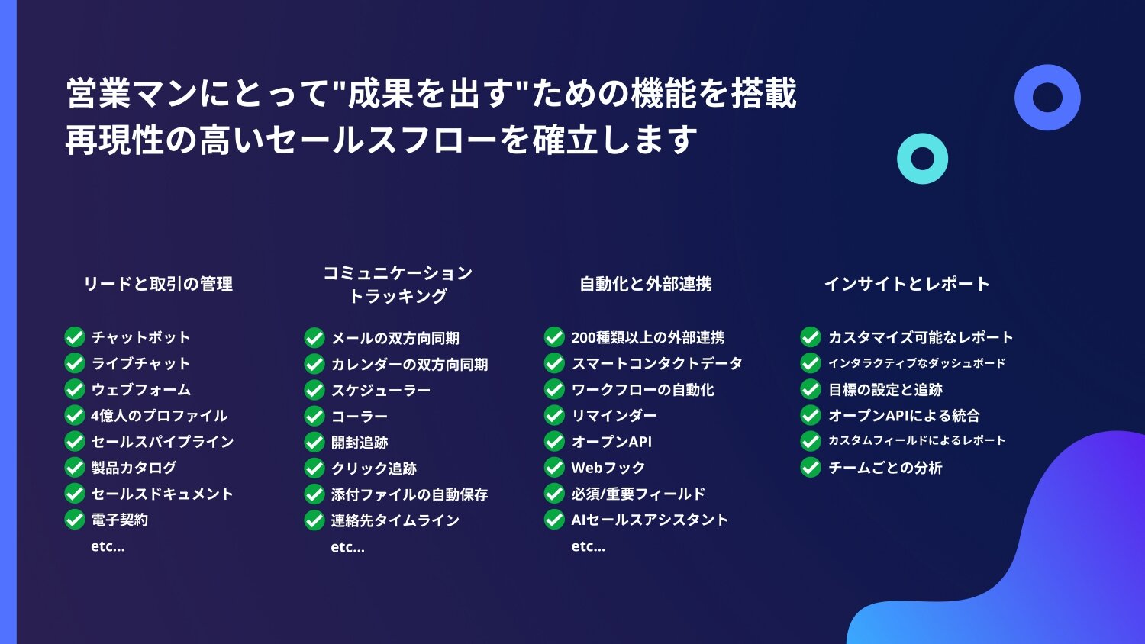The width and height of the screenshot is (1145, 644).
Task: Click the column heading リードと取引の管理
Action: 158,284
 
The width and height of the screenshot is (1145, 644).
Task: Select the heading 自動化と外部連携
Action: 646,284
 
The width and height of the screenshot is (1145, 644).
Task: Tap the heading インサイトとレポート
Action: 908,284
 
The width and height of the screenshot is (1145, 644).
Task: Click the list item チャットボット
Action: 140,337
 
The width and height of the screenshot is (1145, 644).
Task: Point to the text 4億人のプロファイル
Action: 159,416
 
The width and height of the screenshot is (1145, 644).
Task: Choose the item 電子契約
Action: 120,520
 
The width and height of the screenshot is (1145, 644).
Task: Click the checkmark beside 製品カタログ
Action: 75,467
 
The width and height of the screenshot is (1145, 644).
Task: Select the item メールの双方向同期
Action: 395,338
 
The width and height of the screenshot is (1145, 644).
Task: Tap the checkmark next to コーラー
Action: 314,416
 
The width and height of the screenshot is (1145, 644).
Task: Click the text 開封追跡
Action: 360,442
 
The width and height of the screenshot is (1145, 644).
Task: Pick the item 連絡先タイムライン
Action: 395,520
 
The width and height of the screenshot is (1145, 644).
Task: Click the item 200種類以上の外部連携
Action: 647,337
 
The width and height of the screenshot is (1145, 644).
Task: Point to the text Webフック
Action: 608,468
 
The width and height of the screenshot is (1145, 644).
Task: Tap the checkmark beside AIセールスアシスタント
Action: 554,520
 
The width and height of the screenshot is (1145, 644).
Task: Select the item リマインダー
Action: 614,416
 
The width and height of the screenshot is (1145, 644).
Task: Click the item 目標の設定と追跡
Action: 885,389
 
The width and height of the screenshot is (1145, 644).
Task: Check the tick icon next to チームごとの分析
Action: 810,467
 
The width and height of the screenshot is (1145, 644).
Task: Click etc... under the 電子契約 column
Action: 108,546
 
